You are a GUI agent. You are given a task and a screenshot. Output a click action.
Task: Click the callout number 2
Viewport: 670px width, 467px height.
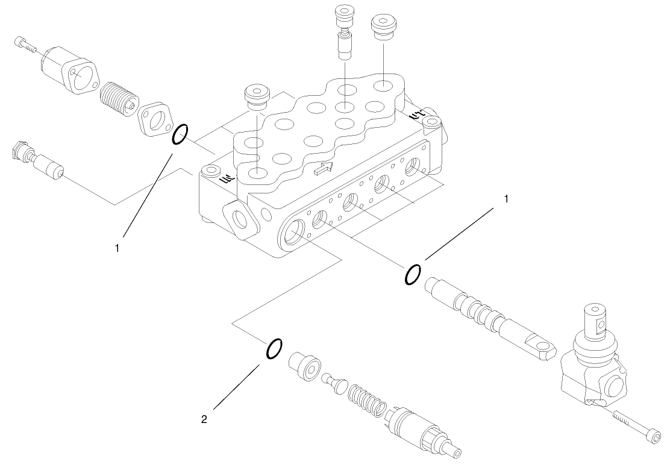point(204,420)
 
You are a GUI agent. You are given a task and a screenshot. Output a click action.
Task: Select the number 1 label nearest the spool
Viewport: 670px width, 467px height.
point(506,198)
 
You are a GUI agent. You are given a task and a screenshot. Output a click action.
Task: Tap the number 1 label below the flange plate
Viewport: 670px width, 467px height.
point(118,247)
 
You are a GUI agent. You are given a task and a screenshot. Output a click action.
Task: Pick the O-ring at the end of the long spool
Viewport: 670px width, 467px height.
point(413,274)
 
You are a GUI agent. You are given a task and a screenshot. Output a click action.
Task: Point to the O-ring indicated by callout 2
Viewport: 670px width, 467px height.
point(274,348)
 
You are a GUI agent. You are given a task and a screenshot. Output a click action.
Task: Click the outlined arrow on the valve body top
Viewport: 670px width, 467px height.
point(322,169)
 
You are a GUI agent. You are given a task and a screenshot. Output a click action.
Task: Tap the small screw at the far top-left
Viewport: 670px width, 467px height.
point(23,44)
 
